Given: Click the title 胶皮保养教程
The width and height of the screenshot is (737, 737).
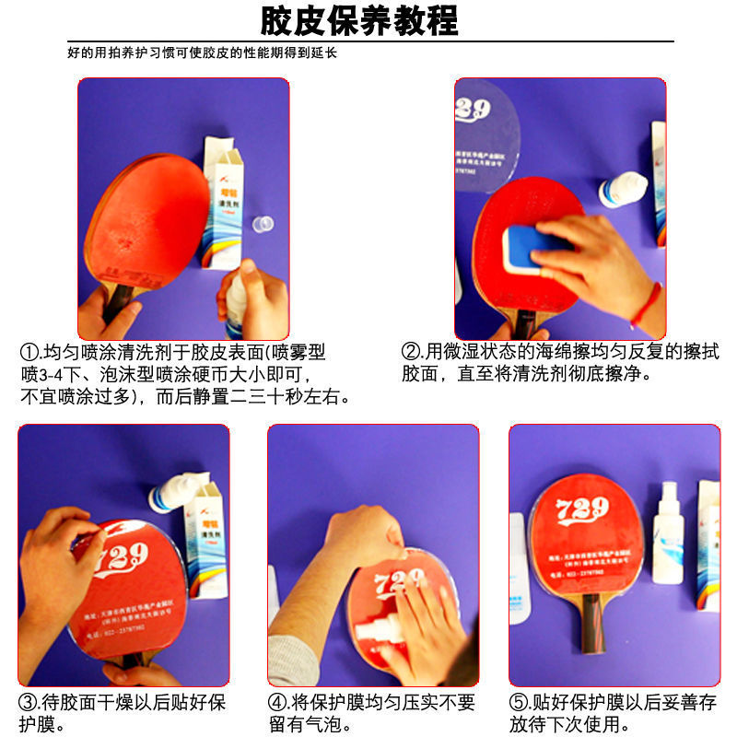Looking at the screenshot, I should tap(358, 19).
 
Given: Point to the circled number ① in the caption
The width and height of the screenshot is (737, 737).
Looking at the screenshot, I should tap(29, 353).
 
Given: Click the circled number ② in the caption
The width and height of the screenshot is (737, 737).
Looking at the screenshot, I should tap(411, 353).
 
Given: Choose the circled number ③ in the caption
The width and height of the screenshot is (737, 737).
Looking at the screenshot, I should tap(29, 704).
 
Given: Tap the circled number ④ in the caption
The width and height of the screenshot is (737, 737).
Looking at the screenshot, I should tap(278, 704).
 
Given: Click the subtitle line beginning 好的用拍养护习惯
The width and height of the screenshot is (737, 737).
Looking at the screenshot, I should tap(203, 53).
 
